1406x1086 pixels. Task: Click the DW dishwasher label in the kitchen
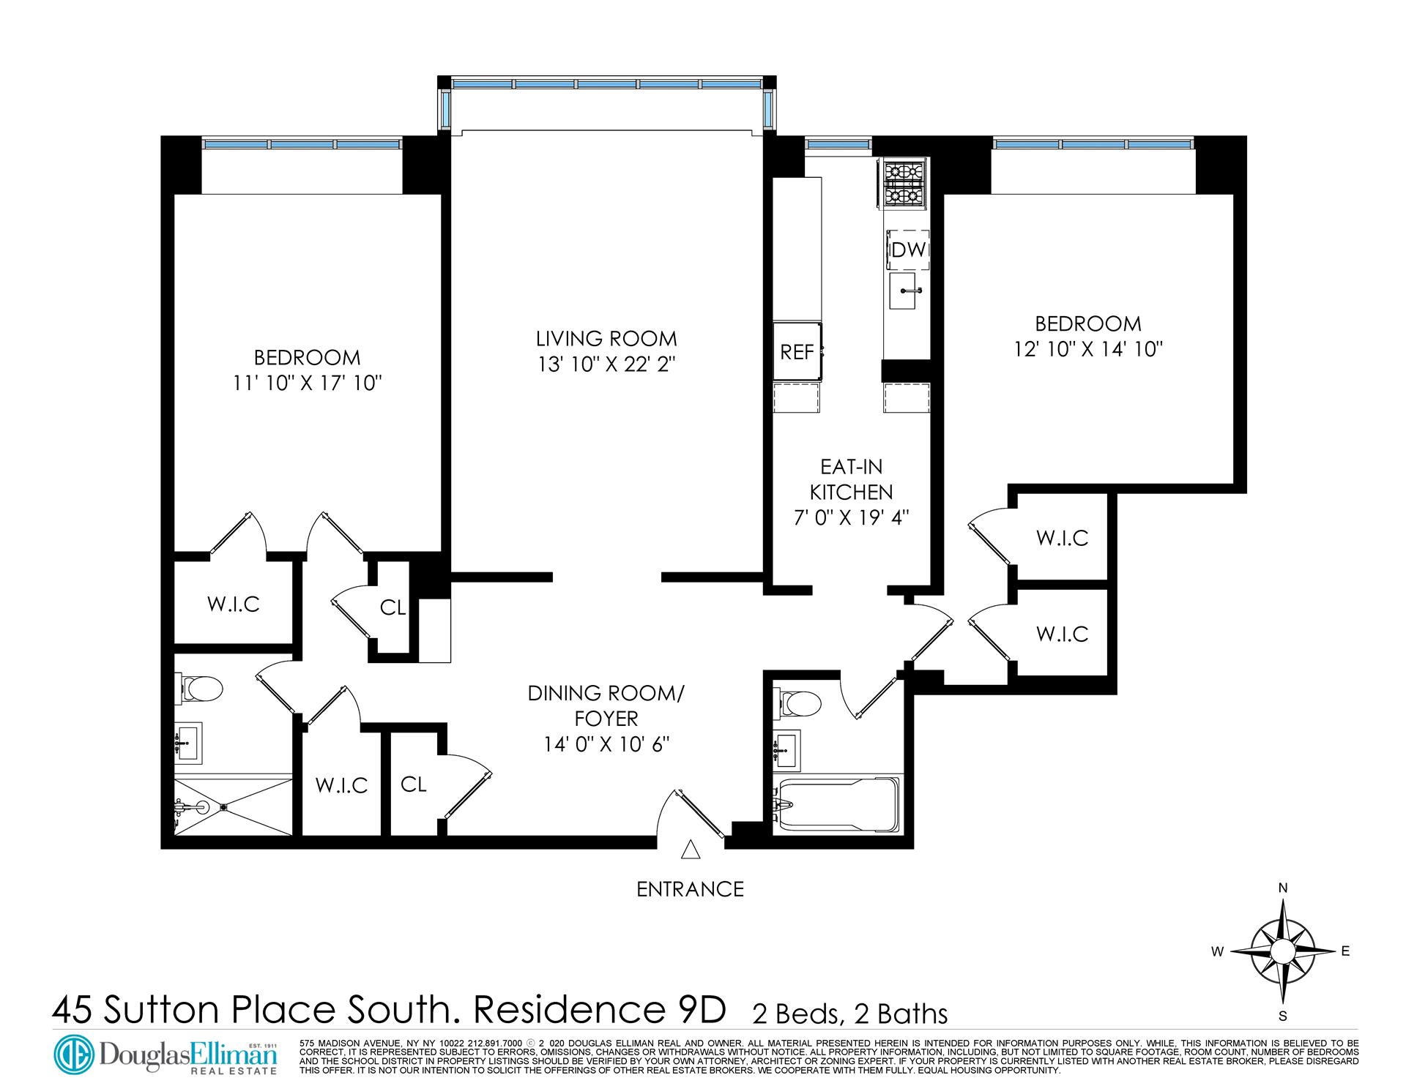click(908, 250)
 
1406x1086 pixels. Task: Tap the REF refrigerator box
click(797, 352)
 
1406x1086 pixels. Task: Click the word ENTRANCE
click(690, 889)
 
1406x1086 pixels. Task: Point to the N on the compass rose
click(1283, 888)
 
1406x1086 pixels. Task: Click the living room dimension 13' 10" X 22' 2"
click(606, 364)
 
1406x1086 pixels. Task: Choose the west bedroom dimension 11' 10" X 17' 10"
click(307, 383)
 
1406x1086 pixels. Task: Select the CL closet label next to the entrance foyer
click(413, 784)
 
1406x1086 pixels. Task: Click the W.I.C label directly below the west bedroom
click(233, 604)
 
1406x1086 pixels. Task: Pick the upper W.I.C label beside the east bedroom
click(1062, 538)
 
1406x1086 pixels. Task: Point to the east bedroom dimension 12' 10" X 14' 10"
click(1088, 349)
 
